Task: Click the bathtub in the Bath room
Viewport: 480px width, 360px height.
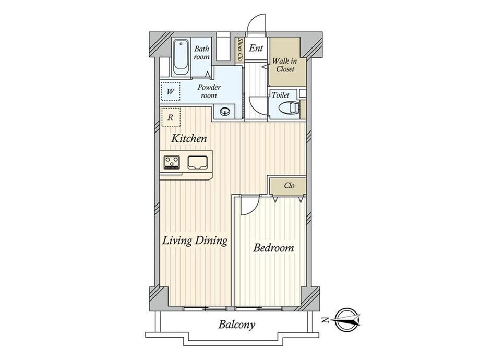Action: (181, 57)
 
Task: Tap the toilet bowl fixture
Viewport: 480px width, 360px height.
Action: (289, 107)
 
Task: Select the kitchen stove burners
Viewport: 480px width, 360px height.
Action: (172, 162)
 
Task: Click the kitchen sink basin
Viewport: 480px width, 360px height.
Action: (197, 162)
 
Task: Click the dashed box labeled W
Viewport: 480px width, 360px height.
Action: (171, 91)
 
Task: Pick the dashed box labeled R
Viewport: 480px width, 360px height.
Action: (171, 117)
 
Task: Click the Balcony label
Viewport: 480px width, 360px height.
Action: (236, 325)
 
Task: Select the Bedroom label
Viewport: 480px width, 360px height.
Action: (273, 248)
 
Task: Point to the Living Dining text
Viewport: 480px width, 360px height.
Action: (195, 241)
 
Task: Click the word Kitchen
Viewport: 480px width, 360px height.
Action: (189, 138)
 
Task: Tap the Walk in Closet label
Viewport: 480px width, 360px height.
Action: (285, 65)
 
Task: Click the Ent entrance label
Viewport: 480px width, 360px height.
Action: (256, 48)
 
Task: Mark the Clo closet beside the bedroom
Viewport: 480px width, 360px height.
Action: (289, 186)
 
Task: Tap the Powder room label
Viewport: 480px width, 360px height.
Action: (209, 91)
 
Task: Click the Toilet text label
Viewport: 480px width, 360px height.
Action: (280, 95)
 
